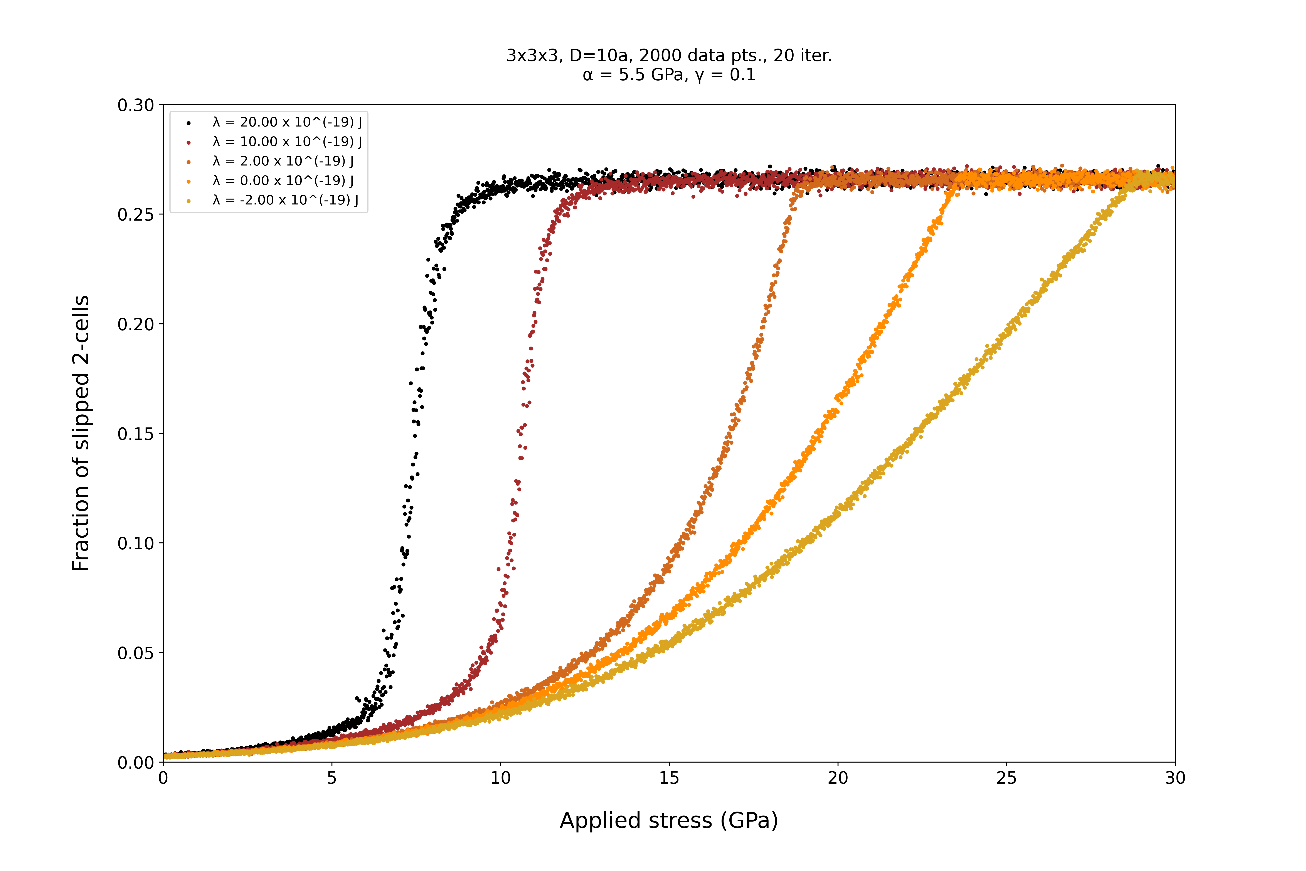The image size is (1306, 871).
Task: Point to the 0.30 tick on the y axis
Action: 135,105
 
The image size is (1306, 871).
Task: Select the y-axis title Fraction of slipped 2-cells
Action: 81,433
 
